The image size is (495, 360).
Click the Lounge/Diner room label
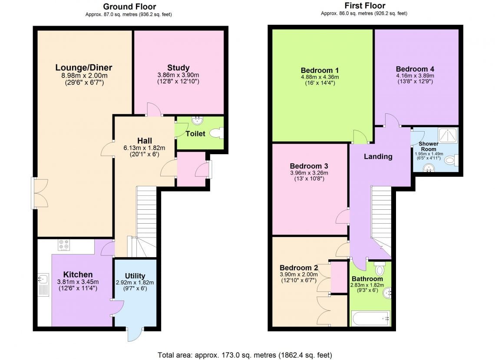coord(84,68)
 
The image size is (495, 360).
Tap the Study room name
coord(178,68)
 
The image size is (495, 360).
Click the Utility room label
coord(135,276)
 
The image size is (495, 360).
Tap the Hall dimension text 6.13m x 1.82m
coord(144,148)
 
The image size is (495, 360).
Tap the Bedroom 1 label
coord(320,70)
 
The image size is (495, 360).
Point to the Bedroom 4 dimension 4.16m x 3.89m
coord(415,75)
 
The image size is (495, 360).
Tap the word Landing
coord(378,157)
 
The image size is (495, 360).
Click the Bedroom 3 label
coord(309,166)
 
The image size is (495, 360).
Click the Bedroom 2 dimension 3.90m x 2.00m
coord(298,274)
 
